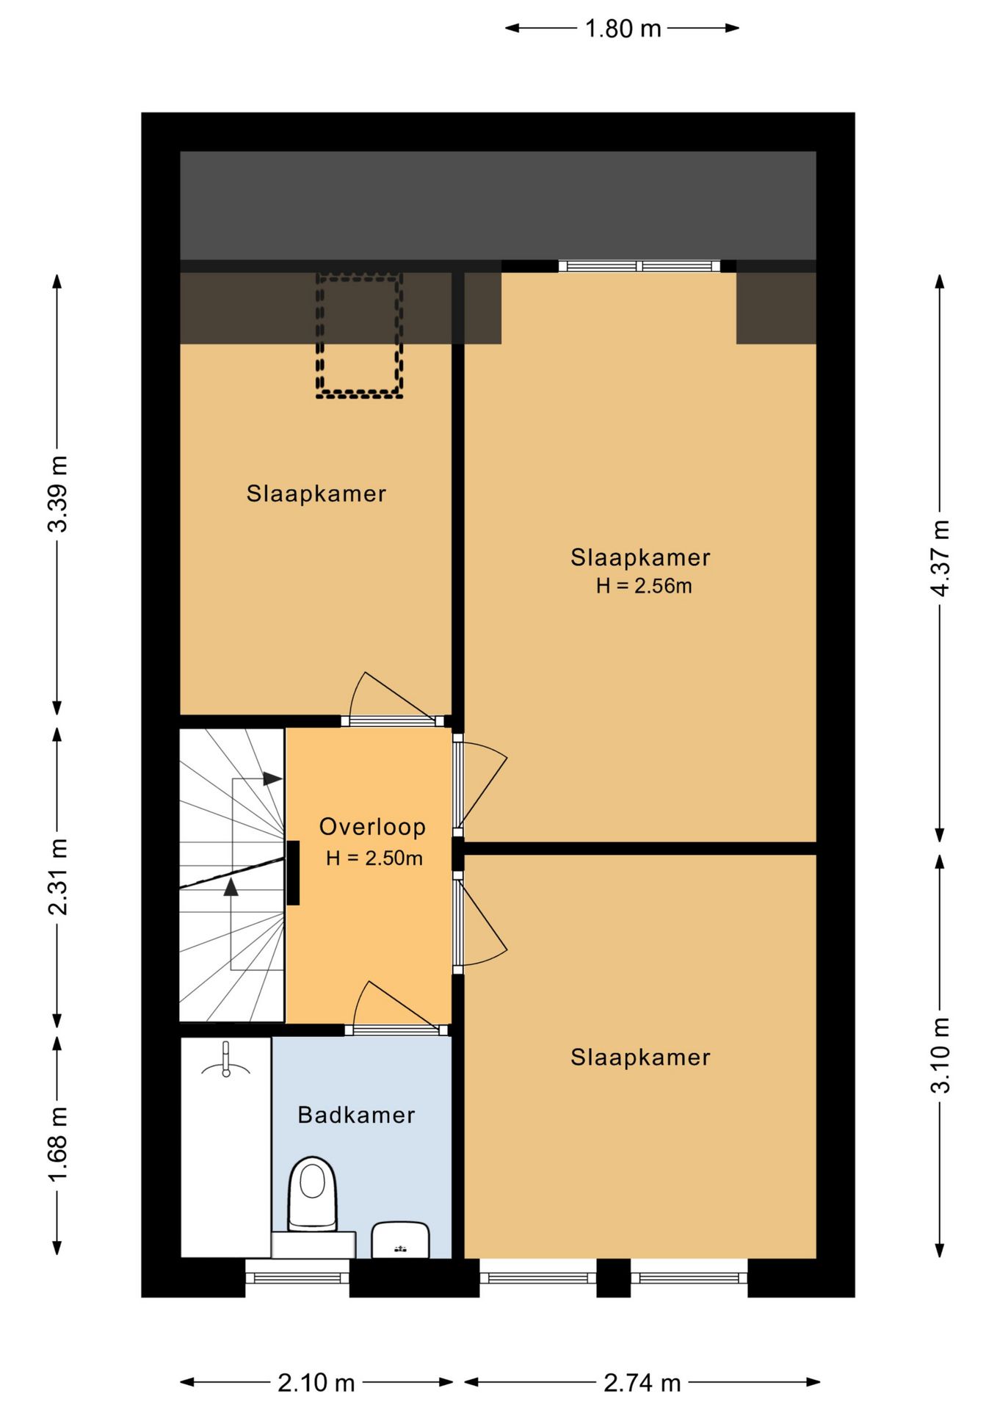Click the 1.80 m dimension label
point(623,29)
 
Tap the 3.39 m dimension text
point(57,493)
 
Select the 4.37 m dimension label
point(940,557)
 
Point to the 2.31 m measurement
point(57,877)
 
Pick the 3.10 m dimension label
point(940,1055)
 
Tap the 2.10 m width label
point(316,1384)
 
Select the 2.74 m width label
point(642,1384)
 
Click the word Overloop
point(372,827)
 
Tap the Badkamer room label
point(356,1116)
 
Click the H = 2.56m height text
point(644,586)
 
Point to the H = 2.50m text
point(374,858)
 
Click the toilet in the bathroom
point(313,1196)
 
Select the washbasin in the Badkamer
point(400,1240)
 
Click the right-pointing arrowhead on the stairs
point(272,778)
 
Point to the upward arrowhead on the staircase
point(231,887)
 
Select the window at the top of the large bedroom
point(639,266)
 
